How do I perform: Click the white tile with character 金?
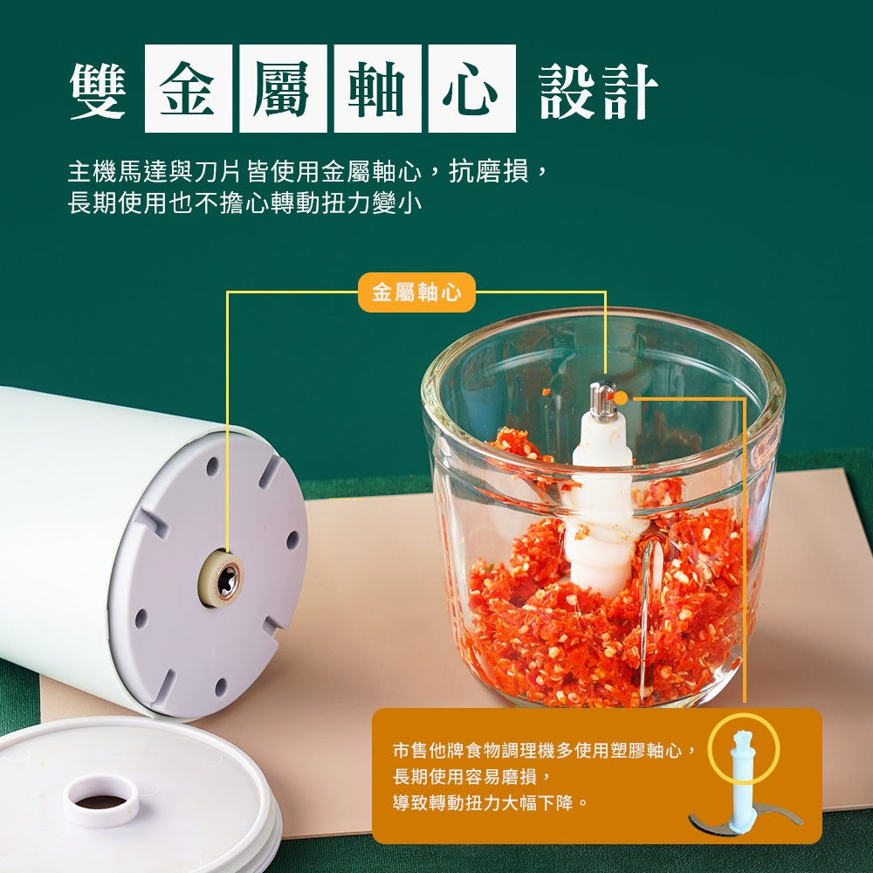coord(189,88)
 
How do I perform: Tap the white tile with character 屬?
coord(283,88)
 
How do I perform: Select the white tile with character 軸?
coord(377,88)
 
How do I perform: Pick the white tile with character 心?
coord(472,88)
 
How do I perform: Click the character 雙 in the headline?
coord(98,90)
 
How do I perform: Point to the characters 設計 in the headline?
coord(599,91)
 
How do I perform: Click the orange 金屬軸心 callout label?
coord(416,292)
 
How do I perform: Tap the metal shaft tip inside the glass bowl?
coord(602,399)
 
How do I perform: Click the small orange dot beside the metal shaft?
coord(621,398)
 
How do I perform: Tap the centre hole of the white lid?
coord(101,802)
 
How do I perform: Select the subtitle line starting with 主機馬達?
coord(309,171)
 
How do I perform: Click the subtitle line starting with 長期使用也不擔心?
coord(245,203)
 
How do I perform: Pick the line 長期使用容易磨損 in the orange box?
coord(472,776)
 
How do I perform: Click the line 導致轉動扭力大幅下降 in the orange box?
coord(491,802)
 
